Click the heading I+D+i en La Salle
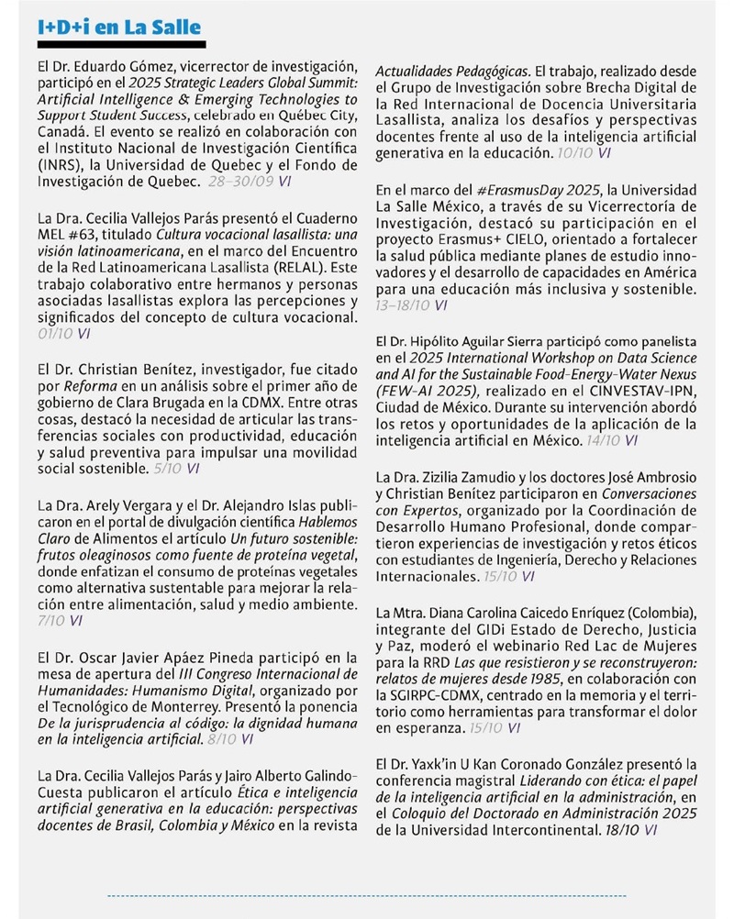click(119, 28)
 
